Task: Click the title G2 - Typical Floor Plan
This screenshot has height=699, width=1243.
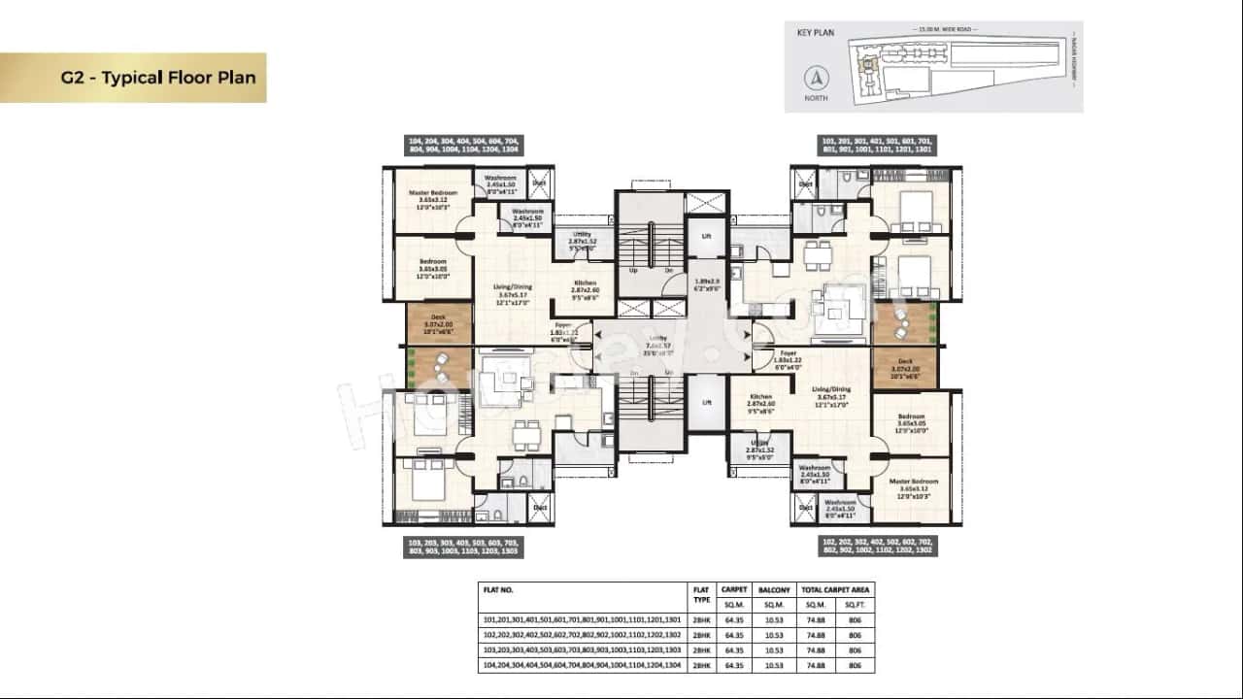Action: tap(158, 78)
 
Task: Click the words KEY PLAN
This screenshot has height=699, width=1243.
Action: tap(817, 32)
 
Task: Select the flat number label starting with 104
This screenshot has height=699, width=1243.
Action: tap(464, 146)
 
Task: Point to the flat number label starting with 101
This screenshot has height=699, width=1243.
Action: tap(877, 146)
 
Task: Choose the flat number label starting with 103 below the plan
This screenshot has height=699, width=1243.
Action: tap(463, 547)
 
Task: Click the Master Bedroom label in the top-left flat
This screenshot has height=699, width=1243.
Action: tap(432, 193)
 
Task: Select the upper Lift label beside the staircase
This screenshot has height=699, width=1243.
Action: tap(706, 236)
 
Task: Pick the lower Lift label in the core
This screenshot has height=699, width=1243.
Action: tap(706, 402)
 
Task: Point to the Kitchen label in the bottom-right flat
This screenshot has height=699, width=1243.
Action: tap(760, 397)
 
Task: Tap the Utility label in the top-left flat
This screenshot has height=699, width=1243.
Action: tap(582, 234)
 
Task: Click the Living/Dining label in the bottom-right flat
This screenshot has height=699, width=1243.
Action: tap(831, 389)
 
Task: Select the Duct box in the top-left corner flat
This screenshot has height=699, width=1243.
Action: tap(539, 183)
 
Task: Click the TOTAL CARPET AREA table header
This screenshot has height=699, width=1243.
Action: tap(836, 589)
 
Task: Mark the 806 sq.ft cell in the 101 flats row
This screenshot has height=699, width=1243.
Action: tap(855, 619)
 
